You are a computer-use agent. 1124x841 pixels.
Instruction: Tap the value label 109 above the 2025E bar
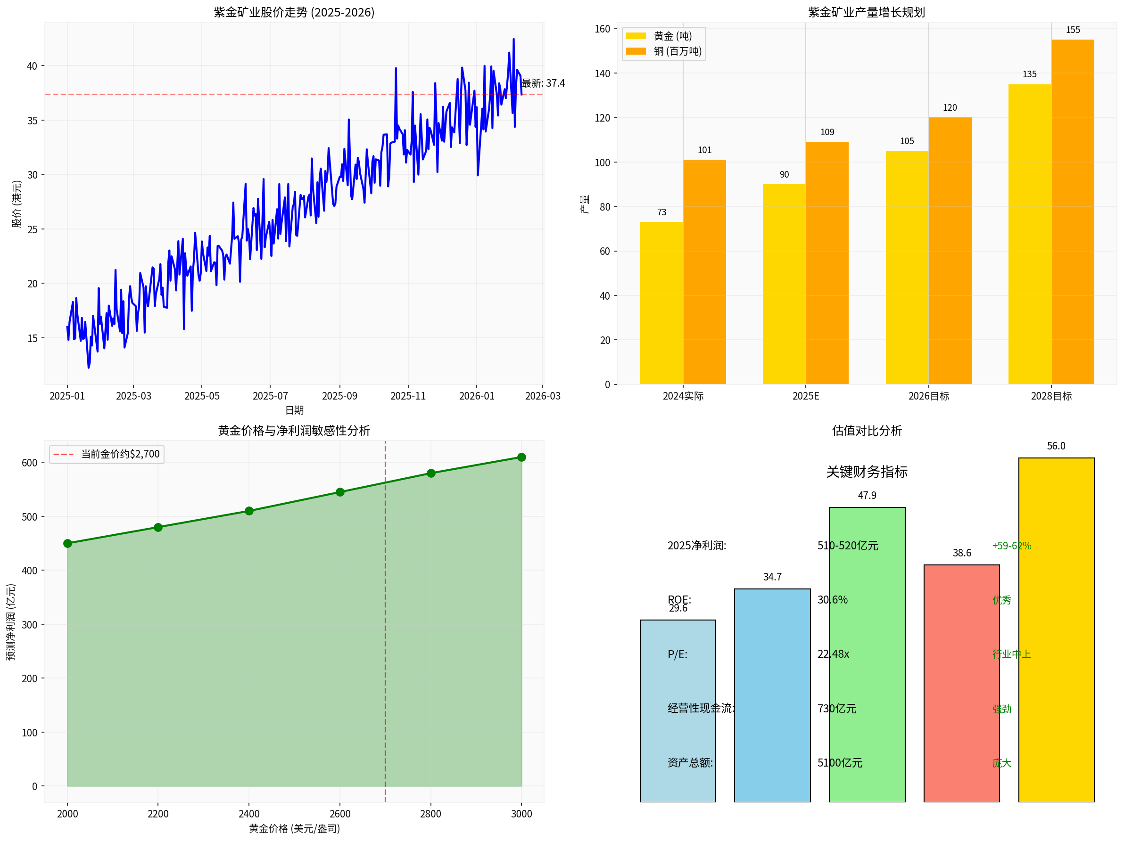point(827,132)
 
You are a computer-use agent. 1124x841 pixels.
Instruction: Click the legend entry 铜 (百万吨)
point(678,51)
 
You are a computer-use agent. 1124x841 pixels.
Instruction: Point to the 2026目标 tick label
point(928,396)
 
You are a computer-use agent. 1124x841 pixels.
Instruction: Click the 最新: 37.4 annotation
point(543,83)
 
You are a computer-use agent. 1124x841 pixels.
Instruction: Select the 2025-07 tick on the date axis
point(270,396)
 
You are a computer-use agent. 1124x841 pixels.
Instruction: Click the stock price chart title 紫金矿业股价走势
point(294,12)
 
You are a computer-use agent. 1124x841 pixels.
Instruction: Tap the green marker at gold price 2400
point(249,511)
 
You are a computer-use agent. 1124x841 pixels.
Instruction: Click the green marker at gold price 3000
point(521,457)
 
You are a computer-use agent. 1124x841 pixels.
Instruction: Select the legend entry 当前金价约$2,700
point(120,454)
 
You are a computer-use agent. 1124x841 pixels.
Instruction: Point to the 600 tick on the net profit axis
point(30,463)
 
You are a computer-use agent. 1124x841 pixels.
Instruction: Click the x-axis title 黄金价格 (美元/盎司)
point(294,828)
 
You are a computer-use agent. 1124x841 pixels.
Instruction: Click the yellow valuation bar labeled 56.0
point(1056,630)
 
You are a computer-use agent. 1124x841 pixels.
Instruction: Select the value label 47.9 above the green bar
point(867,495)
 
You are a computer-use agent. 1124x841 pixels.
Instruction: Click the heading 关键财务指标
point(867,472)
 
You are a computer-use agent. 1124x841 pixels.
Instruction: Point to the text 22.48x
point(833,654)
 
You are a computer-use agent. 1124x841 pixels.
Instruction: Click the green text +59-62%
point(1011,546)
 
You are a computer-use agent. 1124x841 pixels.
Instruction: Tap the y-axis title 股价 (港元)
point(17,204)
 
